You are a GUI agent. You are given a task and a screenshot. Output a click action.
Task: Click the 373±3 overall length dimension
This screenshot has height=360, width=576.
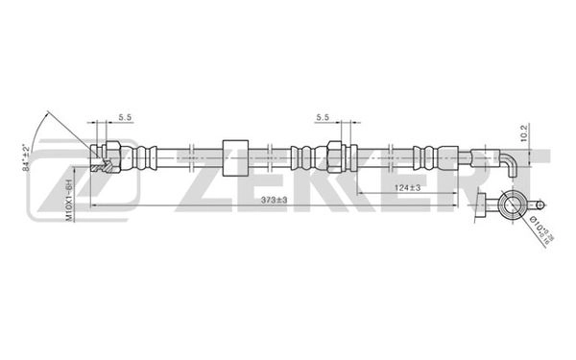(x=275, y=199)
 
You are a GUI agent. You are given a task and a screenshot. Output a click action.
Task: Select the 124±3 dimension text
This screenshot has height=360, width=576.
(x=408, y=187)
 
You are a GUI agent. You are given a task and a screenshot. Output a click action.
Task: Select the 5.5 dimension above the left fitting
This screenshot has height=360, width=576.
(x=125, y=117)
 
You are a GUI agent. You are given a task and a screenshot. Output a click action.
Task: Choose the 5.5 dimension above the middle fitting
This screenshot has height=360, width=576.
(x=324, y=117)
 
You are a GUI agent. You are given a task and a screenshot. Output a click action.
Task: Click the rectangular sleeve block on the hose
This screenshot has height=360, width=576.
(x=234, y=156)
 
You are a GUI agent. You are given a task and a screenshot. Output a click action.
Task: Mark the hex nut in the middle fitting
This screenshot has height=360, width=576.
(x=335, y=156)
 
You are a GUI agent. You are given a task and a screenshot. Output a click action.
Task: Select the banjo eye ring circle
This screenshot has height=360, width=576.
(x=510, y=204)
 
